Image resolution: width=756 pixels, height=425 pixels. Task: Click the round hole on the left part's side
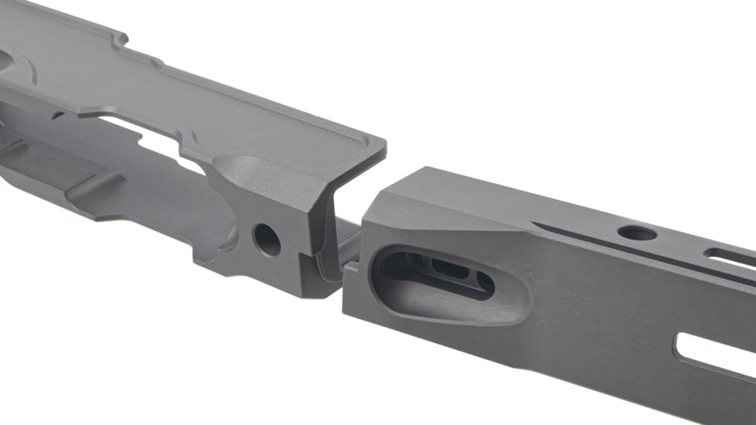pos(267,240)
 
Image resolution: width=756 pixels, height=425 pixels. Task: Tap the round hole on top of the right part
pos(637,232)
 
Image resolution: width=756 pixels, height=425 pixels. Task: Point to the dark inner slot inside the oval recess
pos(456,271)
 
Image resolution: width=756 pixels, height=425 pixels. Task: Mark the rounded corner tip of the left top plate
pos(381,144)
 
